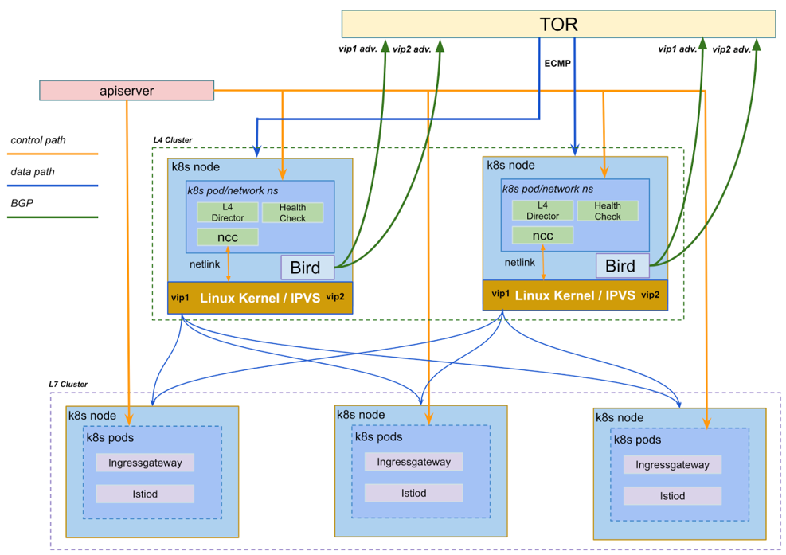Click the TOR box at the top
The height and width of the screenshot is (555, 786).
558,24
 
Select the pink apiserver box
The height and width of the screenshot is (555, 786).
127,91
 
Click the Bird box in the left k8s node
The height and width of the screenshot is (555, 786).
307,268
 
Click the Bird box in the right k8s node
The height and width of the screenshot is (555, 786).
622,266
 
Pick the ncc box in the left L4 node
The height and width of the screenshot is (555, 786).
227,236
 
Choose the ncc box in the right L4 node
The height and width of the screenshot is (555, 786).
542,236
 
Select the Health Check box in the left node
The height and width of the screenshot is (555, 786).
292,213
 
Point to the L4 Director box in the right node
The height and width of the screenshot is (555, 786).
542,211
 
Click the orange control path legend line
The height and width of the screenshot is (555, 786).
53,154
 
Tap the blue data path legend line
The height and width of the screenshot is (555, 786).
53,186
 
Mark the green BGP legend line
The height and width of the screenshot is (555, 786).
53,217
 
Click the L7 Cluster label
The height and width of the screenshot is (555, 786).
68,385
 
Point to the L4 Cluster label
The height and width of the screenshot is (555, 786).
172,140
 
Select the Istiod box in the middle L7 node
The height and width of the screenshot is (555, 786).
412,493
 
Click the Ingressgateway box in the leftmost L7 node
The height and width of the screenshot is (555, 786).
145,463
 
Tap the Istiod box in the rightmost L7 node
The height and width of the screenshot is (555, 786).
672,496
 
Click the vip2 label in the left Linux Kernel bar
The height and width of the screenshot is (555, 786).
335,297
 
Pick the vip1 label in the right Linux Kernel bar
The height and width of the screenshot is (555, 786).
500,294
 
